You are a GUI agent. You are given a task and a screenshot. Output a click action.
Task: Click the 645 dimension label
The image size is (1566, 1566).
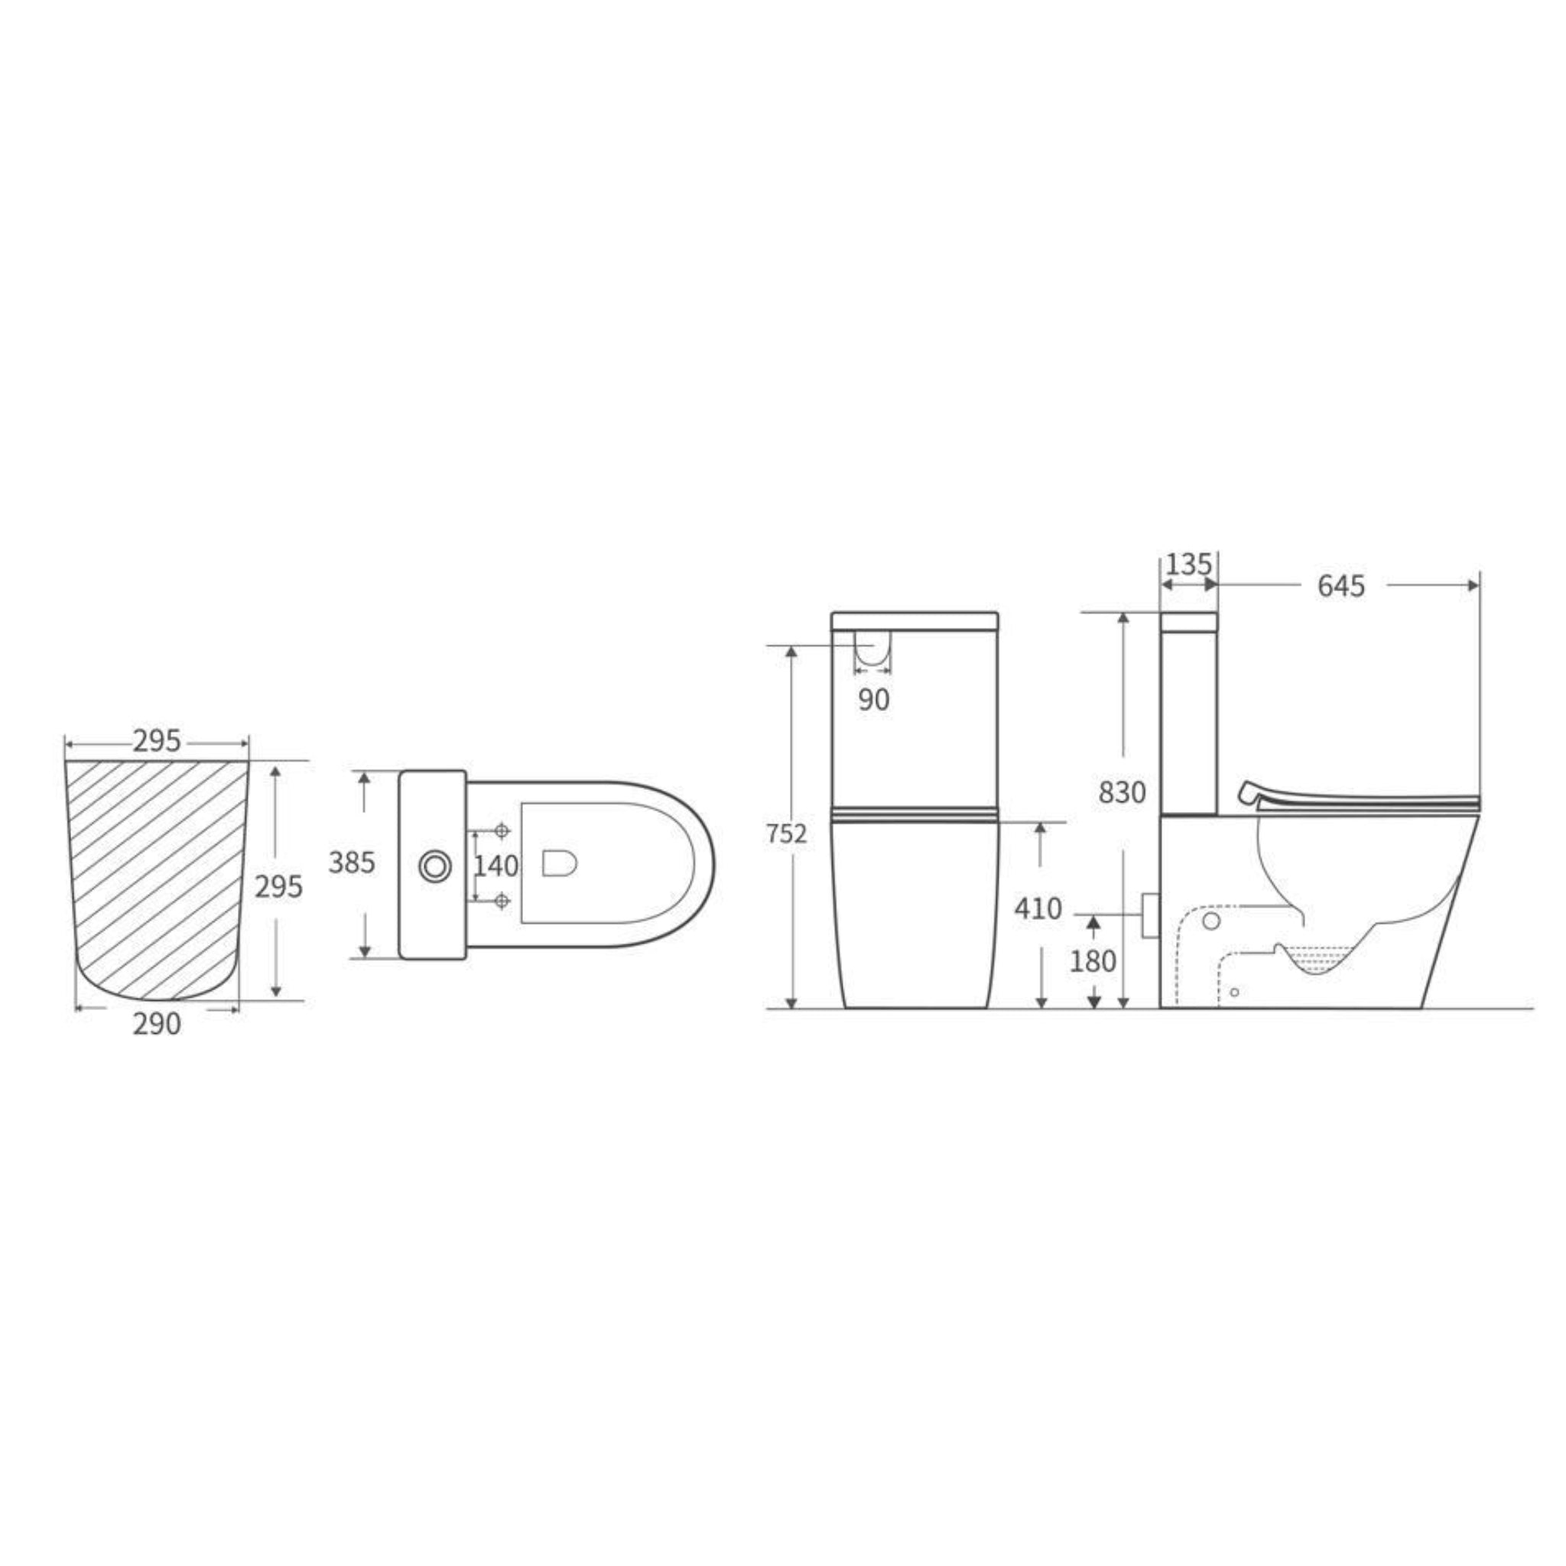point(1340,586)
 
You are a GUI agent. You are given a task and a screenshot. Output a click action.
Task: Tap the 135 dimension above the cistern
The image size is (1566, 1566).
point(1188,564)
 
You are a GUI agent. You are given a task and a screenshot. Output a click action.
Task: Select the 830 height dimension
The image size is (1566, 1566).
point(1122,793)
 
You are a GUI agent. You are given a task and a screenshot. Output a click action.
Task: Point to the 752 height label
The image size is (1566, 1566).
point(786,833)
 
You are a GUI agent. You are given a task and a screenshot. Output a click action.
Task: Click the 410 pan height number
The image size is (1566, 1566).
point(1038,908)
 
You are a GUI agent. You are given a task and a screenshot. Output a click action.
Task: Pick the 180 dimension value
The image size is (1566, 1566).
point(1093,961)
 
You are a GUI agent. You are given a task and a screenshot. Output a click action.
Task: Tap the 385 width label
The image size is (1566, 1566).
point(352,863)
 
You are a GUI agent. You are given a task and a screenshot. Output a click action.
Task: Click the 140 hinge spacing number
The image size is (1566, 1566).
point(496,866)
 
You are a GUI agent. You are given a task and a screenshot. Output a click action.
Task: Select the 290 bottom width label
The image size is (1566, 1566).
point(157,1025)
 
